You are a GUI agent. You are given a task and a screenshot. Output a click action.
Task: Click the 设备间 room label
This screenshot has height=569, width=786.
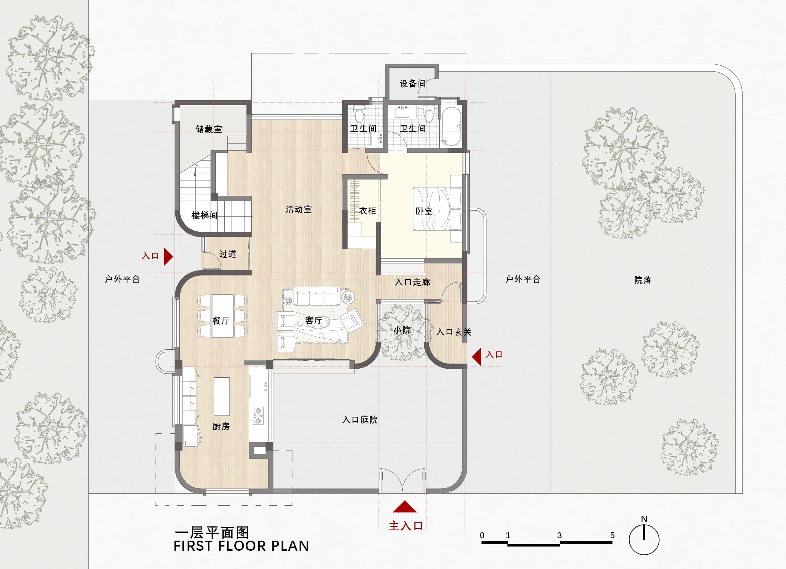click(x=412, y=84)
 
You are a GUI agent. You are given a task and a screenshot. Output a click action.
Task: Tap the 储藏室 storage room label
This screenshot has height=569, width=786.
click(x=209, y=129)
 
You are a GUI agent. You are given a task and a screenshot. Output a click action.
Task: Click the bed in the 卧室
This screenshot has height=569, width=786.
click(x=437, y=208)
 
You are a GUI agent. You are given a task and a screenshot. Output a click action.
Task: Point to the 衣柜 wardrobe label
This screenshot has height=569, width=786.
click(x=367, y=211)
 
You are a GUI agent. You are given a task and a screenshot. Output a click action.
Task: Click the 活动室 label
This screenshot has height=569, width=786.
click(x=298, y=209)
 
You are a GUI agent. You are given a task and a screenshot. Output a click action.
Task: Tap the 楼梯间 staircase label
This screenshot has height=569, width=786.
click(x=205, y=215)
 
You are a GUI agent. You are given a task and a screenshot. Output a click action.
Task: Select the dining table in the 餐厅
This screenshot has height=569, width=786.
click(x=223, y=315)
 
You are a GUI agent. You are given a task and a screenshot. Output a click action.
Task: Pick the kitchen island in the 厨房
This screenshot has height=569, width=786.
click(x=222, y=396)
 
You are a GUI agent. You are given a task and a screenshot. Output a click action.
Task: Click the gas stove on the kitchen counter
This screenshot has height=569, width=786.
click(x=258, y=416)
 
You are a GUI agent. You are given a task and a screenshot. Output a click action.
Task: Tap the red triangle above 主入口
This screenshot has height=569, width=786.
click(x=404, y=507)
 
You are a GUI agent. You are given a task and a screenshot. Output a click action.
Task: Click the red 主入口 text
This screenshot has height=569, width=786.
click(x=405, y=526)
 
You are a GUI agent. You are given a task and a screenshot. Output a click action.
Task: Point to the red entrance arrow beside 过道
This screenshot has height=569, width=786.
click(x=168, y=256)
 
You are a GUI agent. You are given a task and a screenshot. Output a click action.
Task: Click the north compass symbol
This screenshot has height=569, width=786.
click(x=644, y=540)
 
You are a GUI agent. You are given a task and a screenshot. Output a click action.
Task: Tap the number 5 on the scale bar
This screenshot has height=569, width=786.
click(x=612, y=535)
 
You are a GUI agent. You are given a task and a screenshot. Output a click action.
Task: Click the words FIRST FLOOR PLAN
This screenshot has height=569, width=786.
click(x=241, y=545)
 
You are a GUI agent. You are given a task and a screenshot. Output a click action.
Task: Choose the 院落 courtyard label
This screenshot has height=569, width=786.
click(x=643, y=280)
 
